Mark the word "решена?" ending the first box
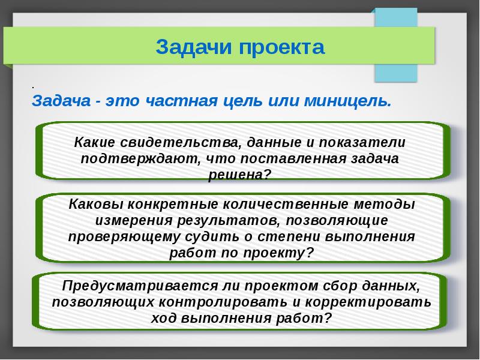[x=239, y=175]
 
